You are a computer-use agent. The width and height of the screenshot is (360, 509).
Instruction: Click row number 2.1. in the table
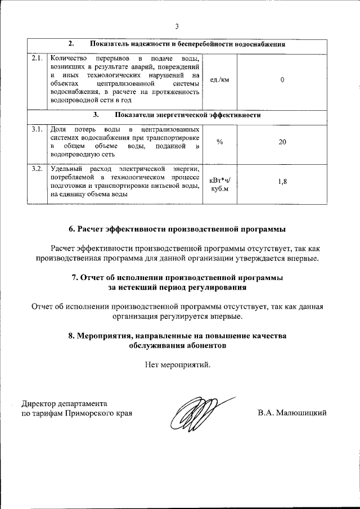click(x=38, y=58)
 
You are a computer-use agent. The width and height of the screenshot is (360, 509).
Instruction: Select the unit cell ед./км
click(x=219, y=80)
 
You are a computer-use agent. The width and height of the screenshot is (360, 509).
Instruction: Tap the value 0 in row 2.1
click(x=282, y=80)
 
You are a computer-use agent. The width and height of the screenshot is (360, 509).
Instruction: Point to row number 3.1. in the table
click(x=38, y=130)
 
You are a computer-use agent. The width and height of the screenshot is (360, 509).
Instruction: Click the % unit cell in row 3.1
click(x=219, y=142)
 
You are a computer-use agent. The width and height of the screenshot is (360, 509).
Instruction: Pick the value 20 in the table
click(x=282, y=142)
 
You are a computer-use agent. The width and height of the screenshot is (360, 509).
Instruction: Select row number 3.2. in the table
click(x=38, y=169)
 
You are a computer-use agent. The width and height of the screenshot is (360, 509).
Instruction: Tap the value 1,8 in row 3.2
click(x=282, y=182)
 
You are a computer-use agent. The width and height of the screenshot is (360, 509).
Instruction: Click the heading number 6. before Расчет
click(x=72, y=229)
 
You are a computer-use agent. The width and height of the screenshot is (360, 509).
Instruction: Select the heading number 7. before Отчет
click(x=75, y=277)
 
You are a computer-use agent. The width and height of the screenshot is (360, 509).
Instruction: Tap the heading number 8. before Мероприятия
click(x=72, y=336)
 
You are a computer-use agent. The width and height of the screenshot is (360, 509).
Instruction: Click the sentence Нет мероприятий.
click(x=178, y=364)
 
